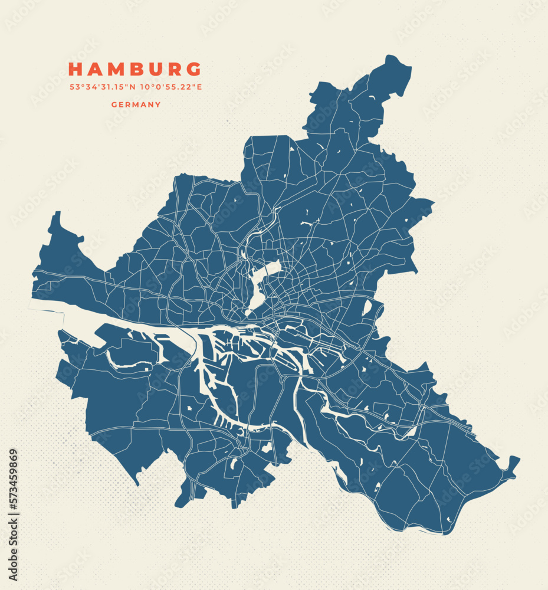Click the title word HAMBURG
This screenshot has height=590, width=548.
[135, 70]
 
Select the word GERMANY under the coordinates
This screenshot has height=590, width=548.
[136, 104]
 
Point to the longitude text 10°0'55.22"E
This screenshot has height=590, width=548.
[170, 87]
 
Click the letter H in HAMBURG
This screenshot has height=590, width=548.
[75, 70]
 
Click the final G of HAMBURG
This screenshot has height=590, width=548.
[194, 70]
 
